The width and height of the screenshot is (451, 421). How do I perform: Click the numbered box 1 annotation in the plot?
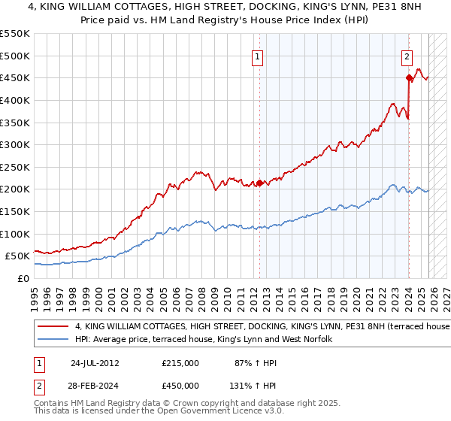pyautogui.click(x=257, y=56)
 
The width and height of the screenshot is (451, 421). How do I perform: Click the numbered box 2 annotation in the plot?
pyautogui.click(x=407, y=56)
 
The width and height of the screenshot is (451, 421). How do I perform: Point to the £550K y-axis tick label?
pyautogui.click(x=15, y=34)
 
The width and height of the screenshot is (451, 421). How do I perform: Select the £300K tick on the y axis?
pyautogui.click(x=15, y=144)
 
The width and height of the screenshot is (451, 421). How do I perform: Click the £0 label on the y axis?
pyautogui.click(x=23, y=278)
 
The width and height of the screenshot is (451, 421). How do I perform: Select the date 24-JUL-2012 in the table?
pyautogui.click(x=95, y=362)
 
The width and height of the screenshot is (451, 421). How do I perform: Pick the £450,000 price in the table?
pyautogui.click(x=180, y=385)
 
